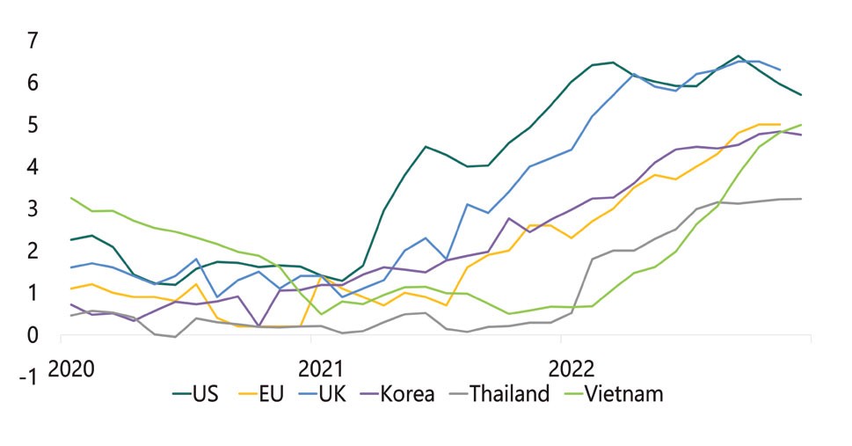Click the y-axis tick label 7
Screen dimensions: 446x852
[x=33, y=40]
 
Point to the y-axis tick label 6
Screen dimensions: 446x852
[x=33, y=83]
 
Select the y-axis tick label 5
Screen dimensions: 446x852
[x=33, y=125]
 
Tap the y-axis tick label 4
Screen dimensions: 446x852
[x=33, y=167]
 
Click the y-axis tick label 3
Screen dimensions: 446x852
[x=33, y=208]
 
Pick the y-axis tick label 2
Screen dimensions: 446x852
[x=33, y=251]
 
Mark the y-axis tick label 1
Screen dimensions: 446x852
[x=33, y=293]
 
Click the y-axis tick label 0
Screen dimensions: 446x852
[x=33, y=335]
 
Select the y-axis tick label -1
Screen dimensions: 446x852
[x=29, y=377]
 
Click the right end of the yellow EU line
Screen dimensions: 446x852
[x=780, y=125]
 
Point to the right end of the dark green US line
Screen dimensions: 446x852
[x=801, y=95]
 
